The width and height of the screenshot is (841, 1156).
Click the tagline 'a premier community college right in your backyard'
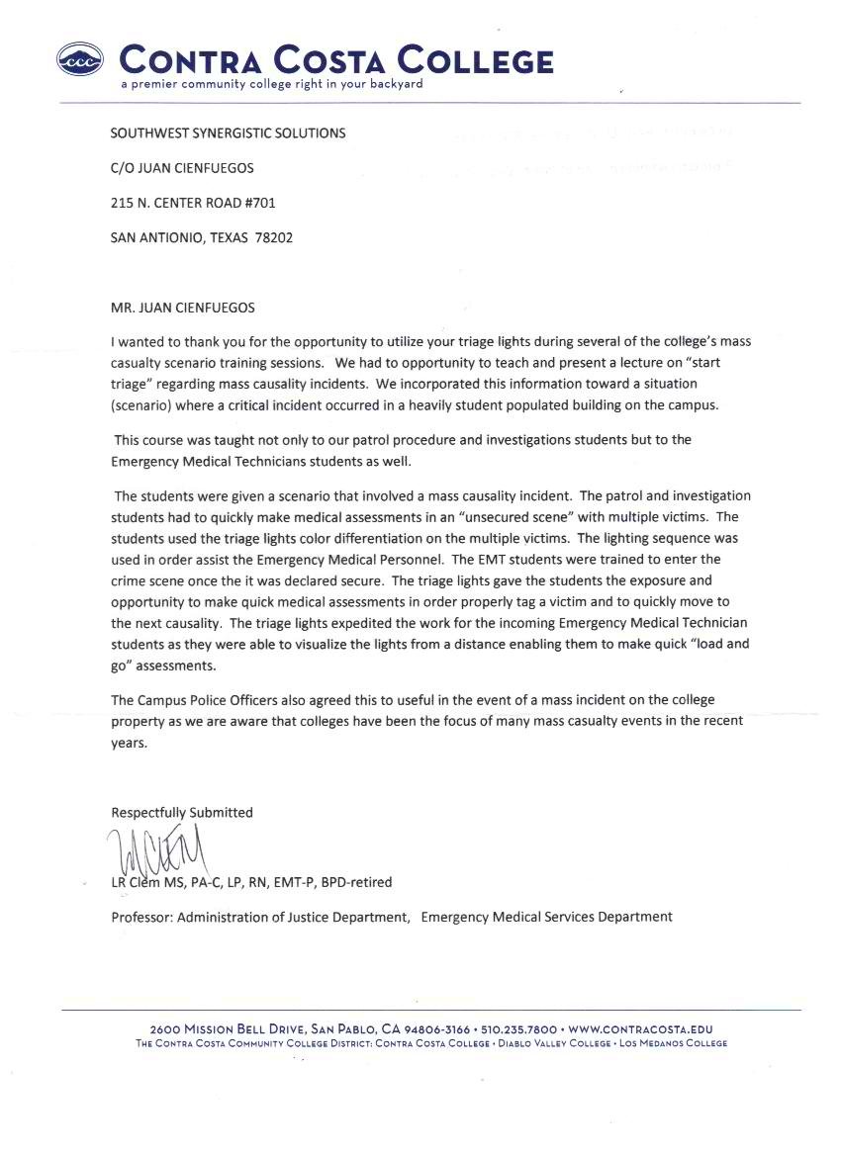pyautogui.click(x=271, y=84)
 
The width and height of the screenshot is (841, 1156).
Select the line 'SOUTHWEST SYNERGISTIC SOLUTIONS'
pyautogui.click(x=229, y=133)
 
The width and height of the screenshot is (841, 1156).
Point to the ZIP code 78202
pyautogui.click(x=273, y=237)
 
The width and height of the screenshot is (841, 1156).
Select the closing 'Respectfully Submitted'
pyautogui.click(x=182, y=812)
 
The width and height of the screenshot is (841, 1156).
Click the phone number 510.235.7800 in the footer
pyautogui.click(x=519, y=1029)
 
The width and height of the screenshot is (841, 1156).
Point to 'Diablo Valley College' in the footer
pyautogui.click(x=553, y=1043)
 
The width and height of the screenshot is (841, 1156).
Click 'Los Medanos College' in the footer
pyautogui.click(x=674, y=1043)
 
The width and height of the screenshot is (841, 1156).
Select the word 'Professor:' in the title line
pyautogui.click(x=141, y=917)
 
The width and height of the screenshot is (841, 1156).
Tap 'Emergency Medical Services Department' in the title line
pyautogui.click(x=546, y=917)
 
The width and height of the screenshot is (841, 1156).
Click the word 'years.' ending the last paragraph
pyautogui.click(x=130, y=745)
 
